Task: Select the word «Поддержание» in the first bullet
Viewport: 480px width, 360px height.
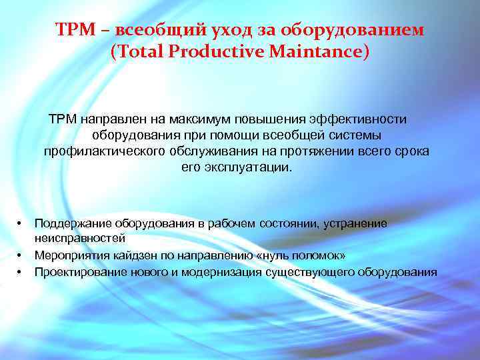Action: click(x=73, y=223)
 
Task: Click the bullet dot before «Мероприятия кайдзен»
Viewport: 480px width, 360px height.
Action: click(x=21, y=255)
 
